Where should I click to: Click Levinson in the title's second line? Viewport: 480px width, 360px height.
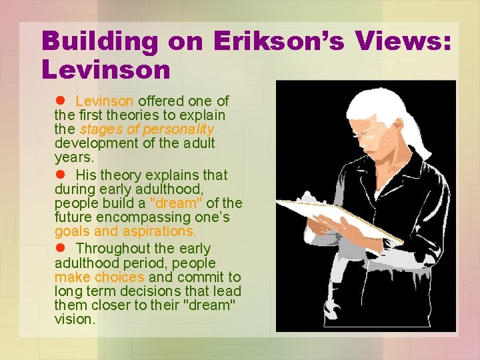[x=106, y=68]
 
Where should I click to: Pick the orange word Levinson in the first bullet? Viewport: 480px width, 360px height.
[x=105, y=101]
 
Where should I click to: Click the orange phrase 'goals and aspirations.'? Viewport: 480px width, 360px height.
[x=126, y=231]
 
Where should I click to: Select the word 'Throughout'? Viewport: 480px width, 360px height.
[x=116, y=249]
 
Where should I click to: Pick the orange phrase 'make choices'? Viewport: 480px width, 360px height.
[x=100, y=277]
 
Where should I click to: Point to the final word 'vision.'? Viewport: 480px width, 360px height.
[x=75, y=319]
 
